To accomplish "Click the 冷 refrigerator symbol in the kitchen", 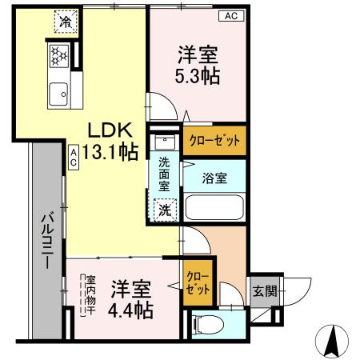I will click(x=63, y=22).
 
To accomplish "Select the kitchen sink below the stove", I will click(x=59, y=95).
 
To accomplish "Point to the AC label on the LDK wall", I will click(x=73, y=158).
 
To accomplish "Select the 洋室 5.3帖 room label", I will click(x=197, y=66).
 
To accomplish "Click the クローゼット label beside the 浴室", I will click(x=213, y=141).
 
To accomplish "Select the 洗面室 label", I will click(x=163, y=182).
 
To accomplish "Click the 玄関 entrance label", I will click(x=264, y=291).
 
